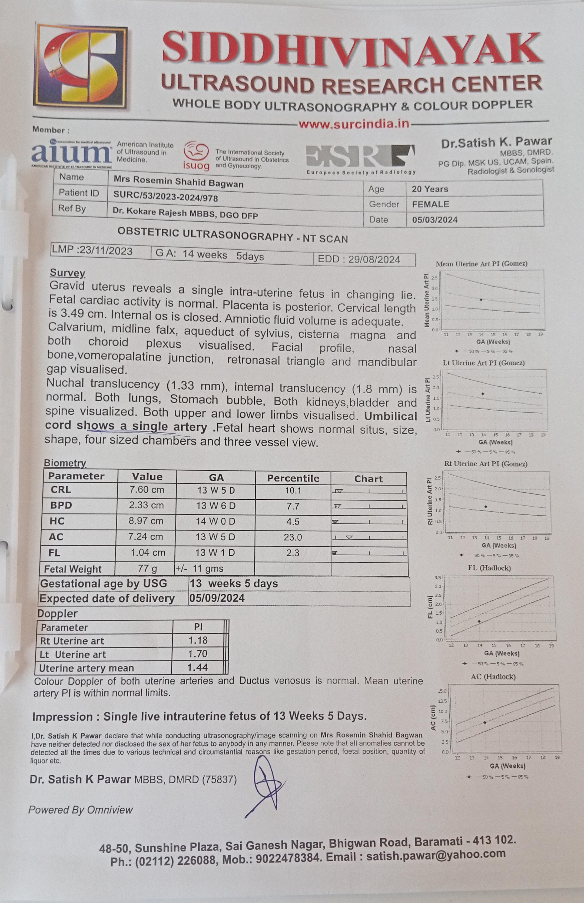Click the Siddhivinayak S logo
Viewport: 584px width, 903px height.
point(80,66)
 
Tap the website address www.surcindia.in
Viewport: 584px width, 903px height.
point(353,124)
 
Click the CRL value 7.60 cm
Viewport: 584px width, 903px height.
point(147,490)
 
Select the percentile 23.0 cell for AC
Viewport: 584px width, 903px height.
point(293,537)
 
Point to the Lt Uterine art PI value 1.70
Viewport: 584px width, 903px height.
point(198,654)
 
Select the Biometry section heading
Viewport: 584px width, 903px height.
point(65,463)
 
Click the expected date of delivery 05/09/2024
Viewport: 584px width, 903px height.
point(217,599)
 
